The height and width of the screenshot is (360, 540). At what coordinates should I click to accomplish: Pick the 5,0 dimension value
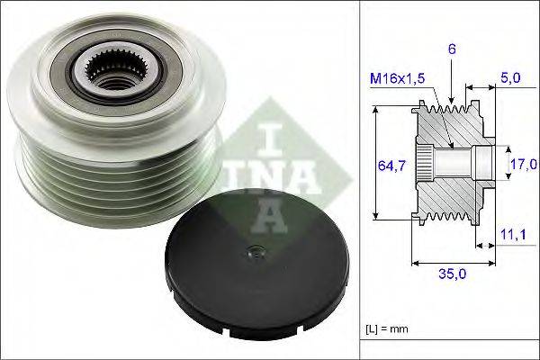click(509, 79)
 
